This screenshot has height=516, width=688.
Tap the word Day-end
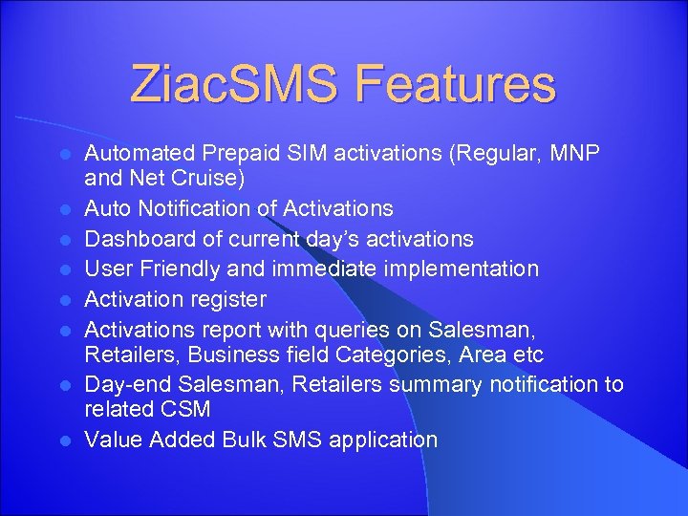pyautogui.click(x=126, y=385)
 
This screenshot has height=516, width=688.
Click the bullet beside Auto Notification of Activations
pyautogui.click(x=64, y=207)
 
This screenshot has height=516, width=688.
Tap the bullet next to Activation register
pyautogui.click(x=64, y=299)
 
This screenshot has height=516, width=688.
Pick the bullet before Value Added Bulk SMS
pyautogui.click(x=64, y=441)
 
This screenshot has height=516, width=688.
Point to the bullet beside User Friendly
pyautogui.click(x=64, y=269)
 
